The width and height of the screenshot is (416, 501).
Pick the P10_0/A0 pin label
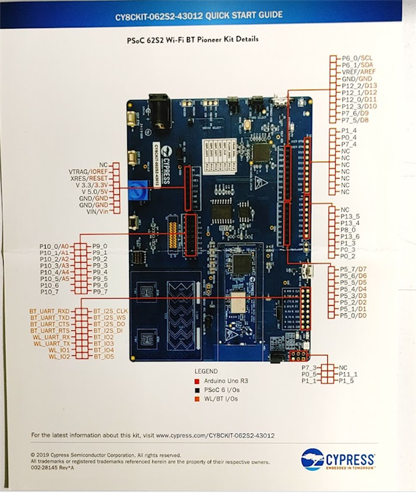click(x=54, y=246)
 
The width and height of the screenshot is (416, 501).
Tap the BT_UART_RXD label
click(x=49, y=311)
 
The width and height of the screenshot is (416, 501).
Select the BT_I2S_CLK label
click(x=111, y=311)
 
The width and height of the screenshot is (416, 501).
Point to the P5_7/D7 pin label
click(x=353, y=270)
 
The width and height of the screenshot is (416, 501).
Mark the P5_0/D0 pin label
click(x=353, y=315)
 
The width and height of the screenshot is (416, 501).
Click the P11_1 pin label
click(x=348, y=374)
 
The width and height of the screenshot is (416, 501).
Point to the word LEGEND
click(x=206, y=371)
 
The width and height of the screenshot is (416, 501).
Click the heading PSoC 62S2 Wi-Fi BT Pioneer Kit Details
click(x=193, y=40)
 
